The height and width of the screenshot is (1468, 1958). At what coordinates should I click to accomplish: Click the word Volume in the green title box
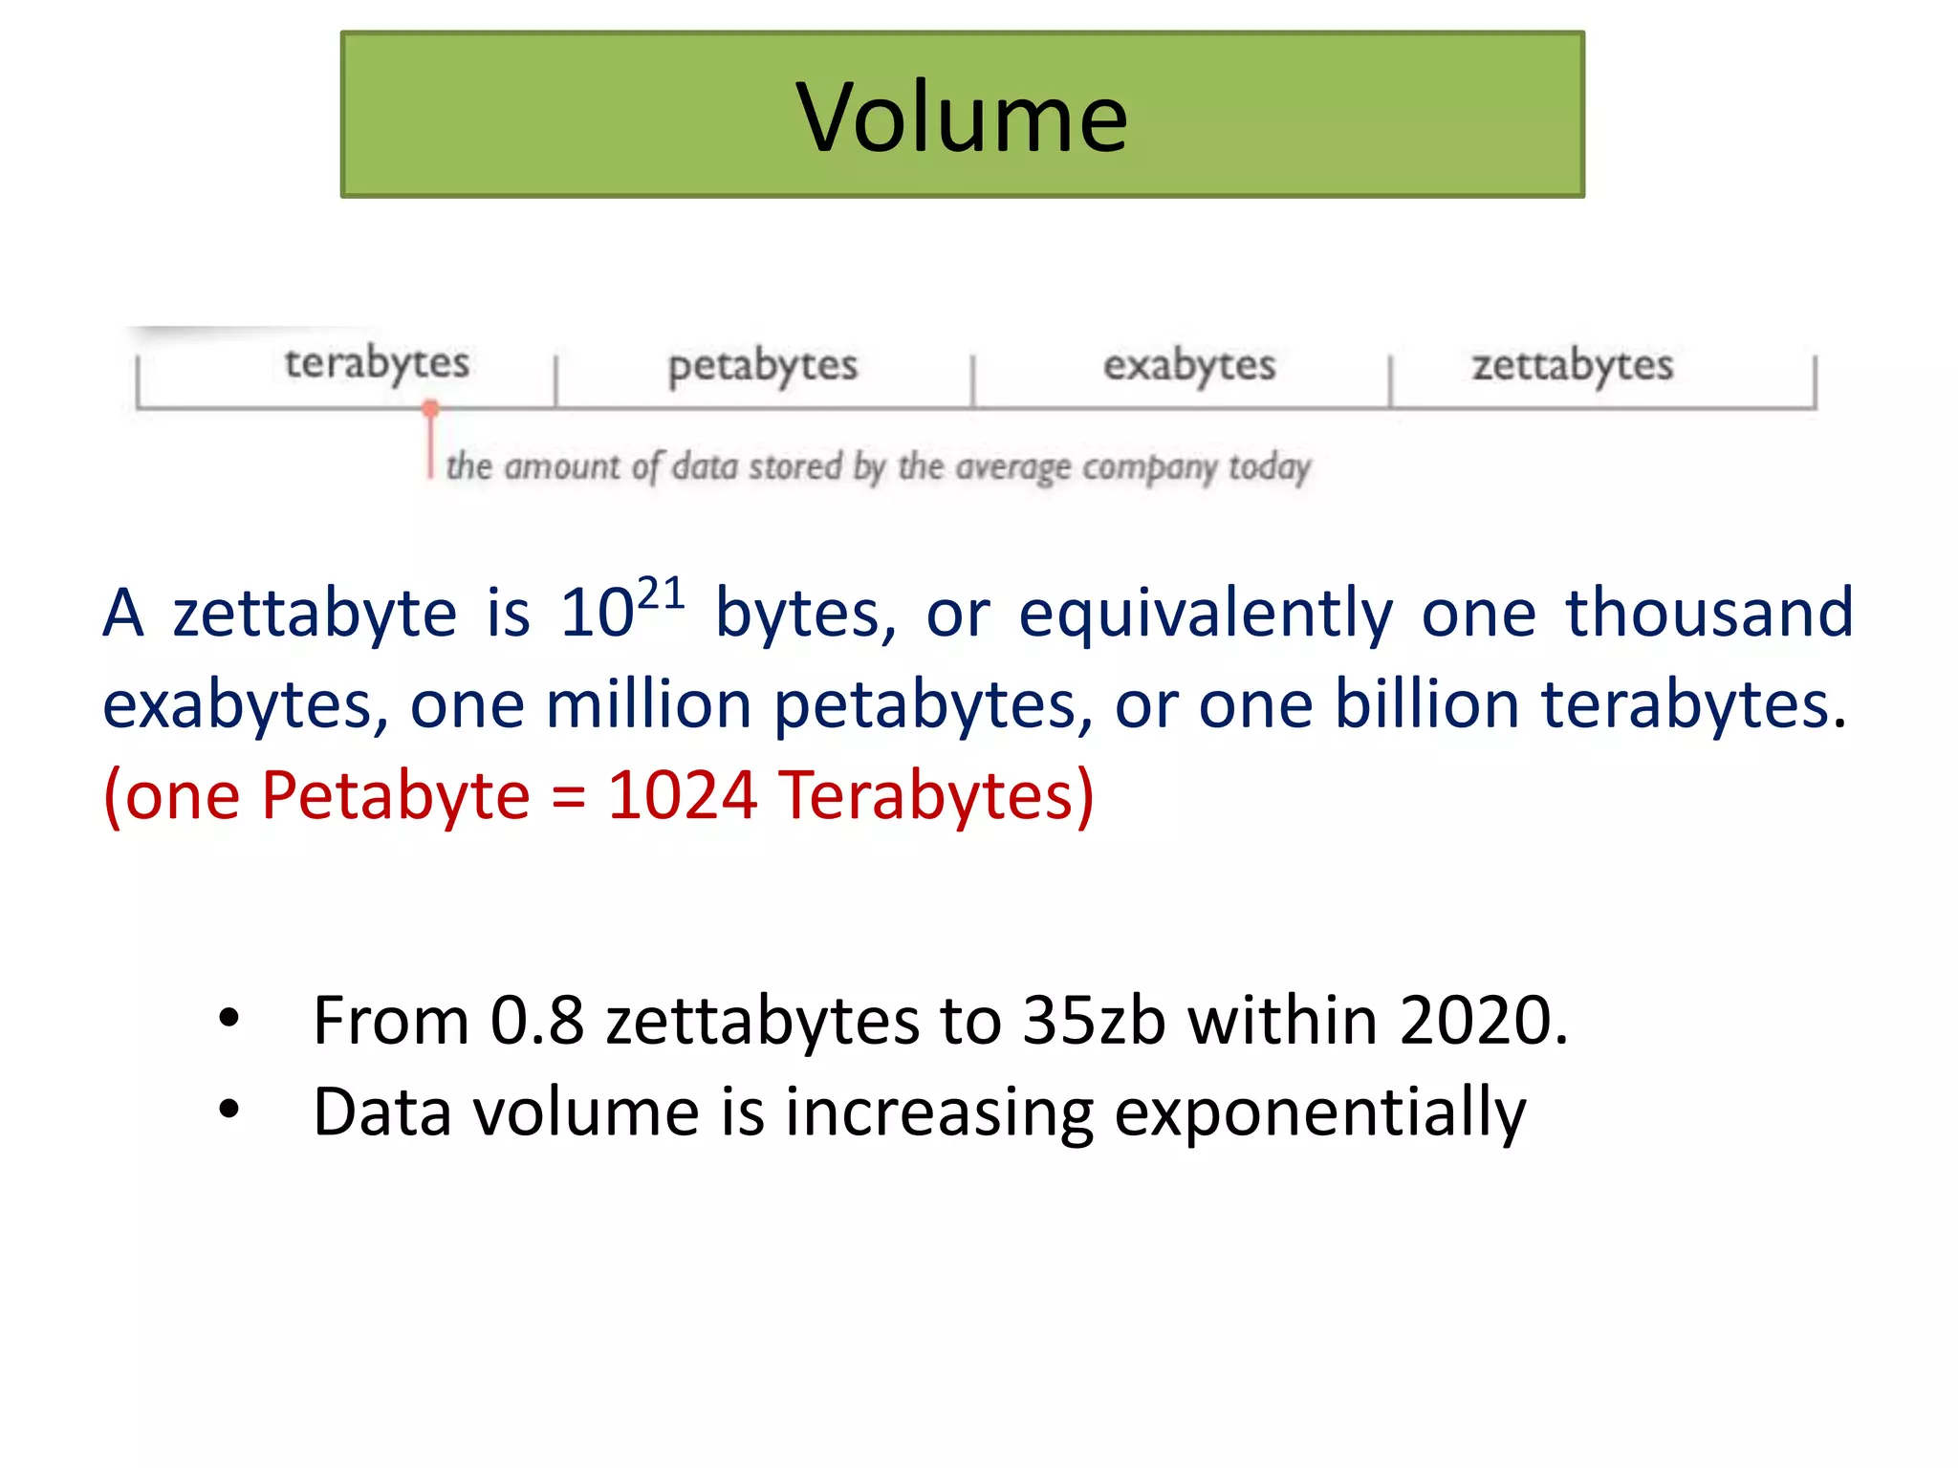[962, 118]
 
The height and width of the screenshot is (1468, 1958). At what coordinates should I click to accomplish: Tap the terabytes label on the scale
[377, 363]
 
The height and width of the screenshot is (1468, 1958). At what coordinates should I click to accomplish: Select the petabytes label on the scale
[762, 366]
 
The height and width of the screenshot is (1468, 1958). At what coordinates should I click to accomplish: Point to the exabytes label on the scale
[1188, 365]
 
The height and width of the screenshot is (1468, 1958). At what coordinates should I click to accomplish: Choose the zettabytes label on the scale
[1572, 365]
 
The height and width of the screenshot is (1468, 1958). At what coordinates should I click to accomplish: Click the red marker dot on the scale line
[430, 409]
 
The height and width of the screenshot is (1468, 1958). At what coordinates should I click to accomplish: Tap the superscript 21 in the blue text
[661, 594]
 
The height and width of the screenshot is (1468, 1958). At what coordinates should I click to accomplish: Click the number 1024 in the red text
[683, 795]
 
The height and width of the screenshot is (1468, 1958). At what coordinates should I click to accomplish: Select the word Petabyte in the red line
[395, 795]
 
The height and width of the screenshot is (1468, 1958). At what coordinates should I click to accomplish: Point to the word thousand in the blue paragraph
[1708, 613]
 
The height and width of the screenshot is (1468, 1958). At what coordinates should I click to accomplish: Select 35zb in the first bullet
[1093, 1021]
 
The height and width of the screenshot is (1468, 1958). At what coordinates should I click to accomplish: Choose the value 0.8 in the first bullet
[536, 1021]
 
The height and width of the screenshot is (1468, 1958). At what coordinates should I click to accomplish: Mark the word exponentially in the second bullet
[1320, 1113]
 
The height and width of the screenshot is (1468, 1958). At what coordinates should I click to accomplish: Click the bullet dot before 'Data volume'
[228, 1110]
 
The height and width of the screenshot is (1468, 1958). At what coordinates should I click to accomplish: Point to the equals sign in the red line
[568, 797]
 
